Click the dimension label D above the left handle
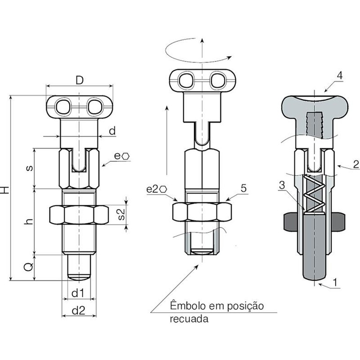[79, 80]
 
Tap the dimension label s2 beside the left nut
[121, 214]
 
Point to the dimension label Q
[29, 267]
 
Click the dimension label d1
[78, 293]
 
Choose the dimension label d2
[79, 310]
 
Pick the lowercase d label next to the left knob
[112, 131]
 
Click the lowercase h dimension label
[29, 221]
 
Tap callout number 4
[339, 75]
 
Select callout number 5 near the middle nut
[244, 188]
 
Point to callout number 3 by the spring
[282, 185]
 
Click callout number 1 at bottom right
[335, 282]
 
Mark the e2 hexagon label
[157, 189]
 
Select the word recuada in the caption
[189, 319]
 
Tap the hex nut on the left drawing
[79, 215]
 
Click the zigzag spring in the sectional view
[314, 194]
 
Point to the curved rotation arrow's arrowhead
[229, 57]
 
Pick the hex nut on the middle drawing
[202, 212]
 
